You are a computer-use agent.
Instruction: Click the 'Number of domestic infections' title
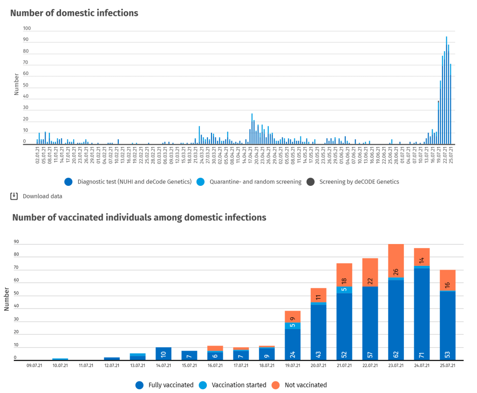(x=75, y=13)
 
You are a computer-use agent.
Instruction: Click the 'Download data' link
(x=42, y=196)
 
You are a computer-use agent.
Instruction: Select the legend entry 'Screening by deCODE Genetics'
(x=359, y=182)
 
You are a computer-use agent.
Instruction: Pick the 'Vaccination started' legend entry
(x=239, y=385)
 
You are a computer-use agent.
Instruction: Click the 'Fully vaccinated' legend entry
(x=170, y=385)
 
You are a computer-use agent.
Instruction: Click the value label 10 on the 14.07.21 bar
(x=164, y=354)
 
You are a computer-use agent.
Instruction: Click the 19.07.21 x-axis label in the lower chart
(x=293, y=366)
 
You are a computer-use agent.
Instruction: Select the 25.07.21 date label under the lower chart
(x=447, y=366)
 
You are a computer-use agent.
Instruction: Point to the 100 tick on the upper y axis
(x=27, y=28)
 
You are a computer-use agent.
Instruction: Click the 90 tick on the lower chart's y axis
(x=16, y=242)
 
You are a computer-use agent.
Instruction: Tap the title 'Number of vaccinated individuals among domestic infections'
(x=139, y=217)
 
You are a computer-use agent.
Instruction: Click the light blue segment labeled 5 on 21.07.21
(x=344, y=290)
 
